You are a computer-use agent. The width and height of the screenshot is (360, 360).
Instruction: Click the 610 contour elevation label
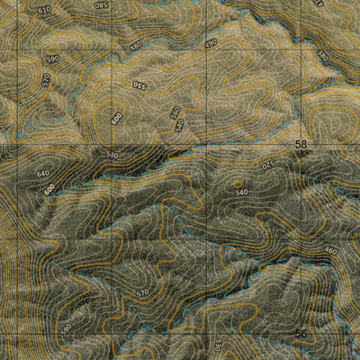tap(44, 9)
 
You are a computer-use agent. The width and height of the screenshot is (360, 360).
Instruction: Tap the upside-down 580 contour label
tap(101, 5)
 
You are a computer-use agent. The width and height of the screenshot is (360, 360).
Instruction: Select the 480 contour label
tap(136, 45)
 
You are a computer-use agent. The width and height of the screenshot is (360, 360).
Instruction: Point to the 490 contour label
tap(211, 43)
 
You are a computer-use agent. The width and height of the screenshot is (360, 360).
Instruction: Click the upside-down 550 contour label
tap(139, 85)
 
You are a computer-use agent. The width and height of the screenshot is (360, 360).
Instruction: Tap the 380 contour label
tap(323, 56)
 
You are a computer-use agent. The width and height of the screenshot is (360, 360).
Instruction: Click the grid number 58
tap(301, 144)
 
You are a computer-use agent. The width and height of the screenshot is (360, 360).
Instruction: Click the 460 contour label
tap(330, 251)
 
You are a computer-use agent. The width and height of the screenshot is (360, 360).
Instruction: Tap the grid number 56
tap(301, 334)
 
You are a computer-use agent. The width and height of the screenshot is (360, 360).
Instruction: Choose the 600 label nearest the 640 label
tap(49, 189)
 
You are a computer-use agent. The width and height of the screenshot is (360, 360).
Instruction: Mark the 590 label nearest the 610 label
tap(52, 58)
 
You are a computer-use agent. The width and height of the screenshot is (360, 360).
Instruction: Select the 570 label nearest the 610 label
tap(46, 79)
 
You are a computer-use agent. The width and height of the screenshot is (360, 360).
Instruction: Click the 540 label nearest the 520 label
tap(240, 192)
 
